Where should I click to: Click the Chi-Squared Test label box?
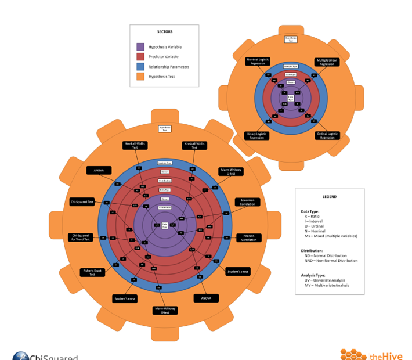pyautogui.click(x=82, y=202)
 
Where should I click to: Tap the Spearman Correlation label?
pyautogui.click(x=248, y=202)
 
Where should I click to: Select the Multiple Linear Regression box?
pyautogui.click(x=327, y=62)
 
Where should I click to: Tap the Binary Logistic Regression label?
pyautogui.click(x=256, y=135)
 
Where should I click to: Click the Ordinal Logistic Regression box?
pyautogui.click(x=327, y=135)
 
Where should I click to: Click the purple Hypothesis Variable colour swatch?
pyautogui.click(x=140, y=46)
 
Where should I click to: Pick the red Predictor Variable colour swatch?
pyautogui.click(x=140, y=56)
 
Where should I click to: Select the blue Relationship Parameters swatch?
pyautogui.click(x=140, y=66)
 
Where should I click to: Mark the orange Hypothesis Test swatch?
pyautogui.click(x=140, y=76)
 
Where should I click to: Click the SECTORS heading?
pyautogui.click(x=164, y=31)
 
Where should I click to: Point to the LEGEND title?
pyautogui.click(x=329, y=197)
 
